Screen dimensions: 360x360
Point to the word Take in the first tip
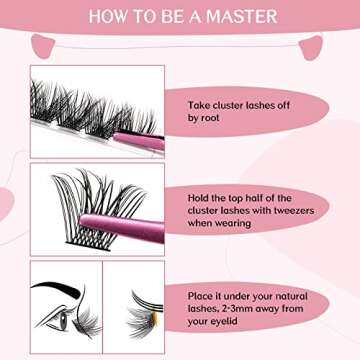tap(199, 103)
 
